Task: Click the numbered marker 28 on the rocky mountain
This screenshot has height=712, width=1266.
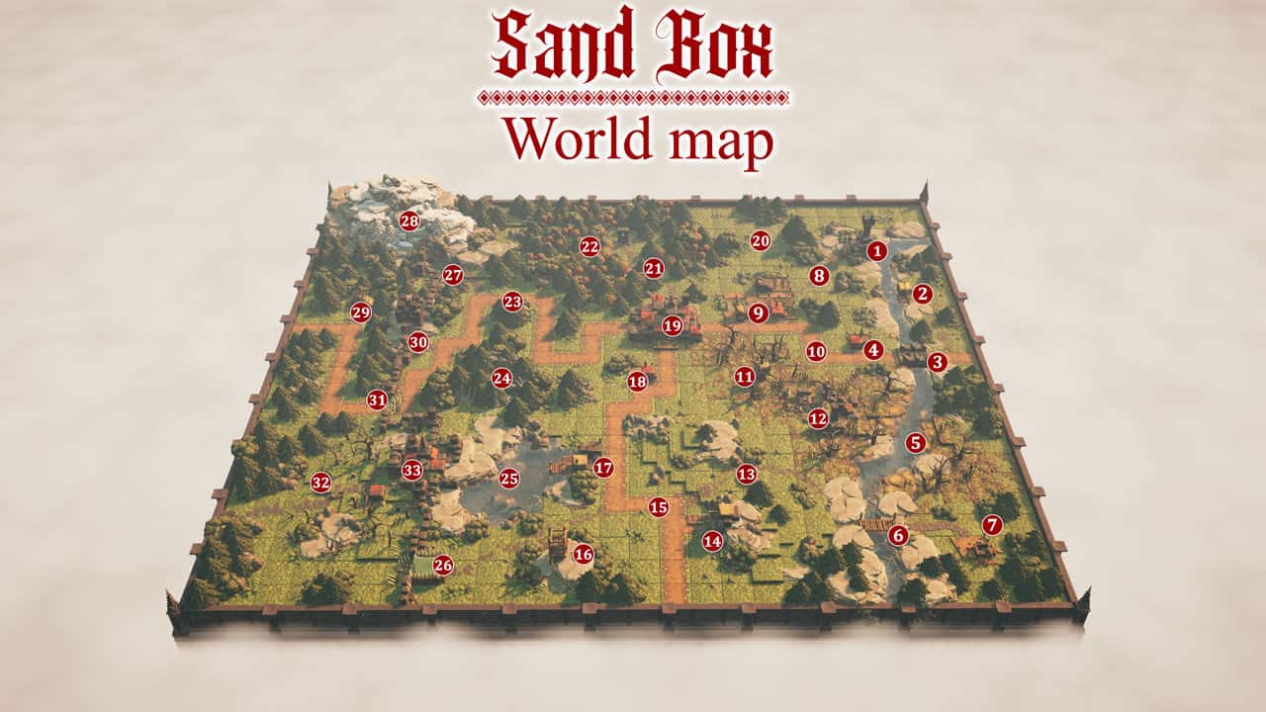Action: click(409, 221)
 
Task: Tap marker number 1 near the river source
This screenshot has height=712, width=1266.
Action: click(875, 251)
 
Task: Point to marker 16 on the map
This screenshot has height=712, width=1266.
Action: click(584, 554)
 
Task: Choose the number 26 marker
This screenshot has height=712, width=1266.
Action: click(443, 566)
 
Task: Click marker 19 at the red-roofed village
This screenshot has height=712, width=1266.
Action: click(673, 325)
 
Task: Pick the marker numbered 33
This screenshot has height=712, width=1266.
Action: click(412, 470)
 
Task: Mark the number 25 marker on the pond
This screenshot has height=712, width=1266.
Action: click(509, 479)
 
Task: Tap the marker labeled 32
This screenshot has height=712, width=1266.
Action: click(320, 483)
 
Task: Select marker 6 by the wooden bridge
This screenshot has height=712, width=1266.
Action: click(898, 536)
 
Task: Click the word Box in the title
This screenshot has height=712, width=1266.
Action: click(714, 45)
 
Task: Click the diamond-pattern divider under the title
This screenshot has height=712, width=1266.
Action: click(633, 97)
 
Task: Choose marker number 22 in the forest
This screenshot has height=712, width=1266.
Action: click(590, 246)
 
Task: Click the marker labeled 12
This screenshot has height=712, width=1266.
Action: click(818, 418)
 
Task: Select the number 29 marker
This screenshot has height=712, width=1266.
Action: click(360, 312)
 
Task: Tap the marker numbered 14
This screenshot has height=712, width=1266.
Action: click(712, 541)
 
